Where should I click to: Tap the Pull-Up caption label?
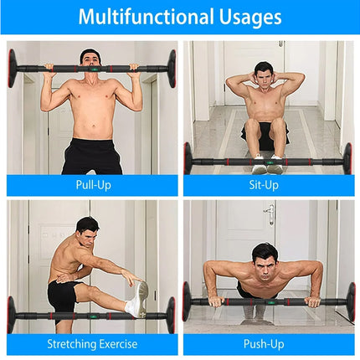92,185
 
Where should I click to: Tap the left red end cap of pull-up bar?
13,67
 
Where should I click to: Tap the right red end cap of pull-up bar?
172,67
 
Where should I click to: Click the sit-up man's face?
265,75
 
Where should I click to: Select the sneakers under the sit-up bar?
266,164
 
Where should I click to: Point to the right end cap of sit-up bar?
347,158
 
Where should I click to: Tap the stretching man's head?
86,229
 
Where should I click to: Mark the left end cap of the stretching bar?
12,315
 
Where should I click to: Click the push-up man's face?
265,257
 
